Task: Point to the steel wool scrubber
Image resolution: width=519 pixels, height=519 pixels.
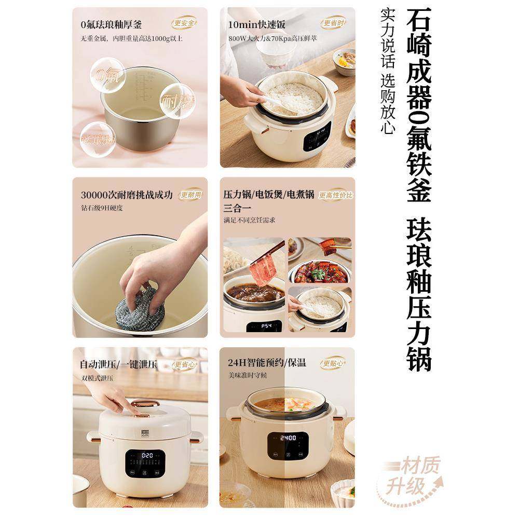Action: pos(140,310)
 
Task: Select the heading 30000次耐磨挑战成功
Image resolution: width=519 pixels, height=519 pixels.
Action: pos(127,195)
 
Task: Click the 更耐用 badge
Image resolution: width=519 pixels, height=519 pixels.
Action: pos(190,195)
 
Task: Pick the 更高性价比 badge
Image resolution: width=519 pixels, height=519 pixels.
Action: pos(336,195)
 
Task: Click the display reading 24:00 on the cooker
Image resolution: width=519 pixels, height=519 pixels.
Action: pos(288,438)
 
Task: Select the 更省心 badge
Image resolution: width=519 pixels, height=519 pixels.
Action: pos(184,365)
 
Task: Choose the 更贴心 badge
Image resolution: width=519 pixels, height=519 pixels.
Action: pos(333,363)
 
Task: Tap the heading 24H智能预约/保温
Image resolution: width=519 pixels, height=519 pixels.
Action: pos(267,363)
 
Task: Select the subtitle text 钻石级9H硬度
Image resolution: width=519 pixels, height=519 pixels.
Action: pos(102,208)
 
